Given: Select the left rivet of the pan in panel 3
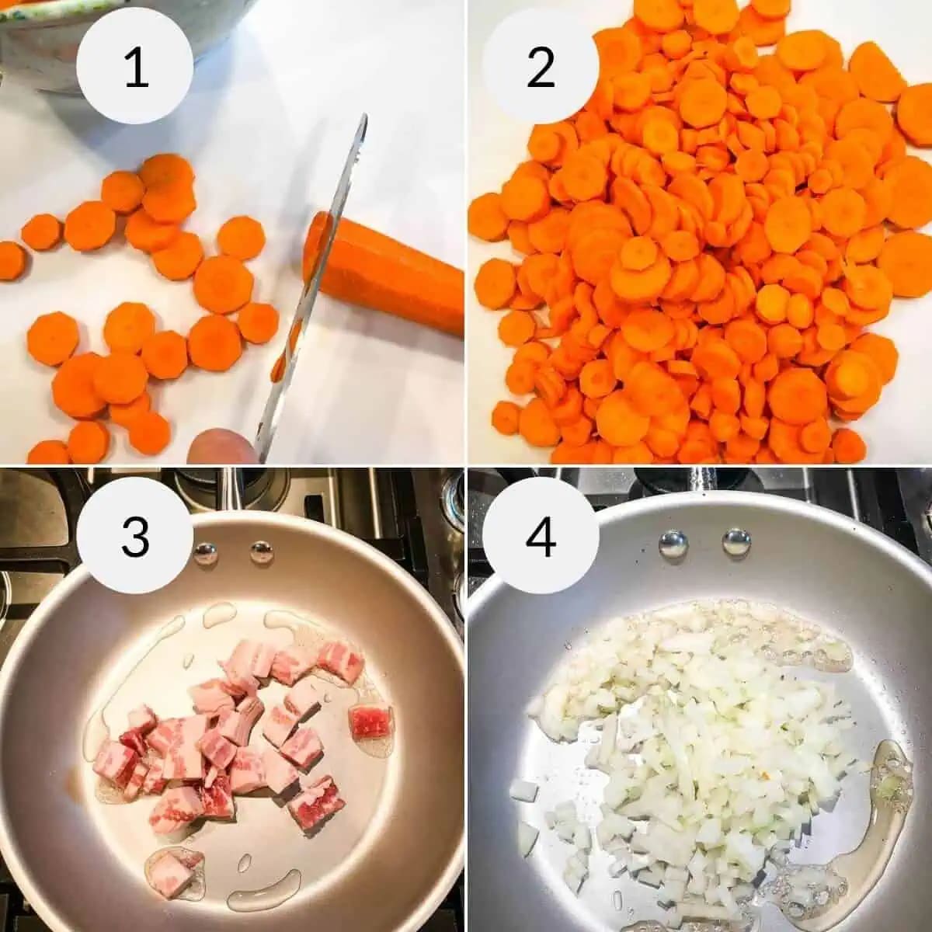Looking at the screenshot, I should pyautogui.click(x=206, y=553).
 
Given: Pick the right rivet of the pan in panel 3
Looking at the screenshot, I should pyautogui.click(x=262, y=553).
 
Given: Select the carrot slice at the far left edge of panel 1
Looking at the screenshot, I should pyautogui.click(x=11, y=260).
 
